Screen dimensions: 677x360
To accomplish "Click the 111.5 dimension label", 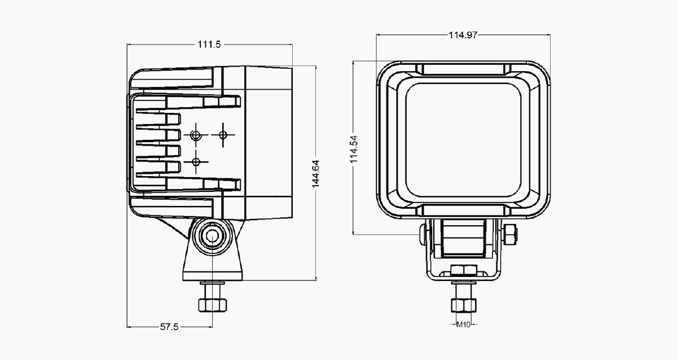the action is click(x=209, y=45).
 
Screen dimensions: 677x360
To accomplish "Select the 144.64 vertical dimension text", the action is click(x=315, y=174).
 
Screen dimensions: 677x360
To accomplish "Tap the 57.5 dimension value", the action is click(x=169, y=327).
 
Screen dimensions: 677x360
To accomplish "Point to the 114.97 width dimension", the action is click(x=463, y=35).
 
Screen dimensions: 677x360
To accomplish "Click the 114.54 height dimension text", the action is click(x=354, y=150).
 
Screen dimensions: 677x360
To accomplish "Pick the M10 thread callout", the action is click(x=463, y=324).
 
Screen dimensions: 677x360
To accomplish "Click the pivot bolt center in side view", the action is click(x=212, y=236).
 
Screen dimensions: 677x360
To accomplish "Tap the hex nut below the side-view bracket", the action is click(x=213, y=305).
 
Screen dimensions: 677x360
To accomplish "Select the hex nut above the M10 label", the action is click(x=464, y=305).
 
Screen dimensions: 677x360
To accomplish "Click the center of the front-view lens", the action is click(x=463, y=139).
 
